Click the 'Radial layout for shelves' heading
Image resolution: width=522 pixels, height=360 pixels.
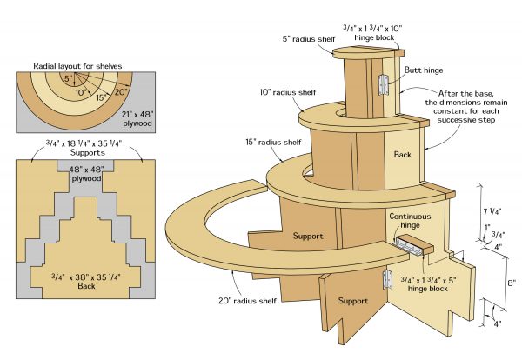78,65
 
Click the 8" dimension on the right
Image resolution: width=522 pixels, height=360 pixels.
512,283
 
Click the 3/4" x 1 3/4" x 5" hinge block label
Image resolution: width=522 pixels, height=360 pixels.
430,283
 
